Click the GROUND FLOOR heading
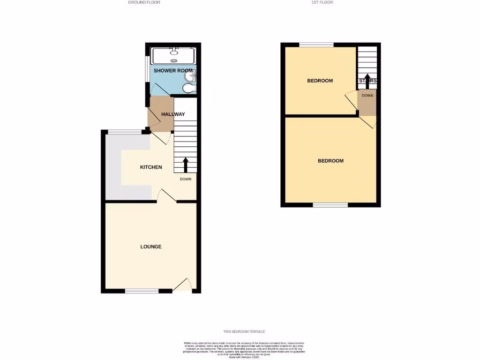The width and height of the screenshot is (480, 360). tap(144, 2)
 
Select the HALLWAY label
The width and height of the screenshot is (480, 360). tap(173, 114)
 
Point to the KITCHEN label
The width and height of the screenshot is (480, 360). tap(151, 167)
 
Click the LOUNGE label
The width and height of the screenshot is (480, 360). tap(151, 247)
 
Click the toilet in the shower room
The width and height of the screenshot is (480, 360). tap(189, 89)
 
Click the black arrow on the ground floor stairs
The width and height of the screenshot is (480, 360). tap(185, 165)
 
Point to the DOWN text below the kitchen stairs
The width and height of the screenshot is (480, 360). tap(186, 179)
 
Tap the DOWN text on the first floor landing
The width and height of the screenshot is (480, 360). tap(367, 96)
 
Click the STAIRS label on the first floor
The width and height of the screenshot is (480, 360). tap(367, 81)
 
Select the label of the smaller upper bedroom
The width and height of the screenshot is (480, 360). tap(320, 81)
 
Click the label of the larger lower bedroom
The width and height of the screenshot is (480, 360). tap(330, 161)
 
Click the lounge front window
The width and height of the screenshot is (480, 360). tap(142, 291)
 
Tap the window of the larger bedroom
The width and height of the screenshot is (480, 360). tap(330, 205)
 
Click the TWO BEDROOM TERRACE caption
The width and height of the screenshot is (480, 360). tap(241, 332)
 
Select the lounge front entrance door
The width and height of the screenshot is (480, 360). tap(182, 286)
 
